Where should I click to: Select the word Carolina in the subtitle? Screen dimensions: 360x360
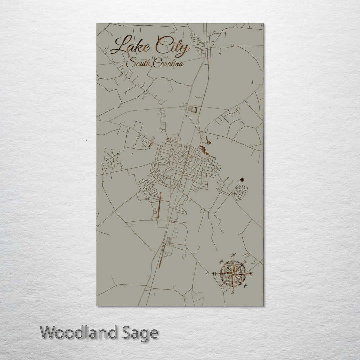[x=168, y=63]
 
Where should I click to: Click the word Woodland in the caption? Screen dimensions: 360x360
[x=79, y=333]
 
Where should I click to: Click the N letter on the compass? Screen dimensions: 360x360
[x=233, y=255]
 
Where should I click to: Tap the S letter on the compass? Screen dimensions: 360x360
[x=233, y=292]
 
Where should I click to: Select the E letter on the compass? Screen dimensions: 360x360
[x=251, y=274]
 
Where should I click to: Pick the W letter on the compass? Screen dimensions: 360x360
[x=215, y=274]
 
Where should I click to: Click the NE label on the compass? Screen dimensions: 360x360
[x=245, y=262]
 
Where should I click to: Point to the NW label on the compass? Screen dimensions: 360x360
[x=221, y=262]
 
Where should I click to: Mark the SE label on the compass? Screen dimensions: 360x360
[x=246, y=286]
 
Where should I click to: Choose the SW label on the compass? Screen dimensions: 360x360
[x=221, y=286]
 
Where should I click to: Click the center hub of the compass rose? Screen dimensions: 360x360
[x=233, y=274]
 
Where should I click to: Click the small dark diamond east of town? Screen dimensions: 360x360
[x=242, y=180]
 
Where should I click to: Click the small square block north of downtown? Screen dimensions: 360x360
[x=195, y=109]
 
